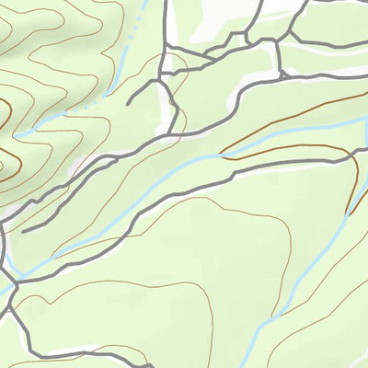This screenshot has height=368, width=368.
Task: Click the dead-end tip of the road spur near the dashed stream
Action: coord(128,100)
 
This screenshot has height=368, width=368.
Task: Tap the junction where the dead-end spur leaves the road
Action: coord(162,79)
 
